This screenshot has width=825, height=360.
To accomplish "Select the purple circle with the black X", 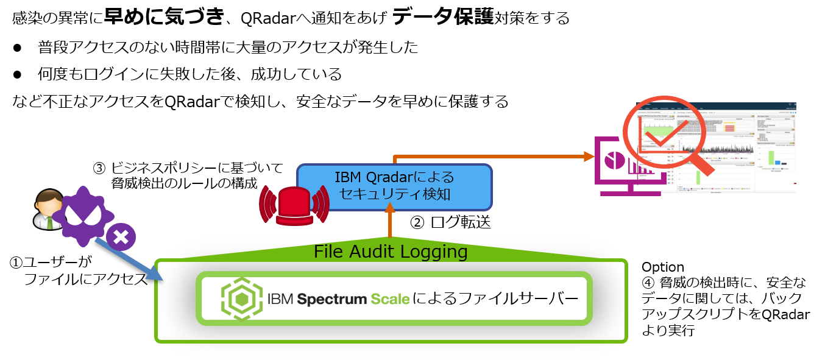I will click(x=121, y=238).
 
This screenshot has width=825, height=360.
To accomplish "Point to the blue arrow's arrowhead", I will click(x=155, y=274).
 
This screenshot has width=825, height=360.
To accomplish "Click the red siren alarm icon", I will click(x=294, y=203).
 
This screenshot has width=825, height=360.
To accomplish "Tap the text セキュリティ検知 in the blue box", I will click(x=394, y=195).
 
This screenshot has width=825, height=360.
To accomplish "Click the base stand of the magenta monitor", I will click(x=631, y=194).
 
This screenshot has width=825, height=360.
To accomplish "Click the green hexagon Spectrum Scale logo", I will click(x=241, y=298).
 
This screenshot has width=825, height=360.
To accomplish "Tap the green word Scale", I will click(x=390, y=299).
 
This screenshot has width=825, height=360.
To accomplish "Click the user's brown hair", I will click(x=48, y=199).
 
